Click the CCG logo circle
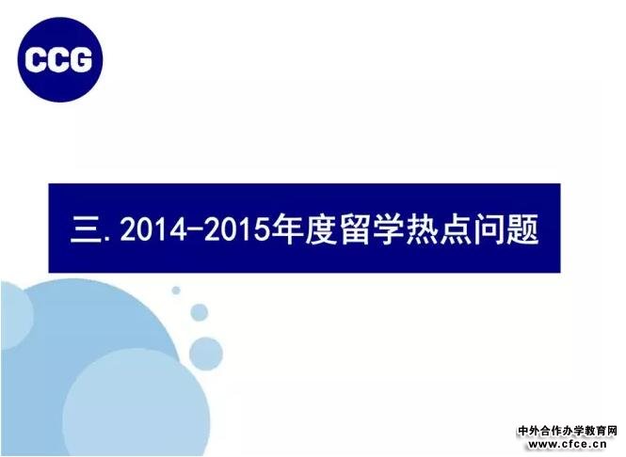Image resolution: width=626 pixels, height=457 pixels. [60, 60]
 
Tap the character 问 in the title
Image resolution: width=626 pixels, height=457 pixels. [490, 228]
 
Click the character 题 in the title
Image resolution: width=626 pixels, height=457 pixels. [522, 228]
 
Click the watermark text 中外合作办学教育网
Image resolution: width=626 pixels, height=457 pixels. [568, 431]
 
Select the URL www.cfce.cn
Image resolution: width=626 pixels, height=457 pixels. [568, 444]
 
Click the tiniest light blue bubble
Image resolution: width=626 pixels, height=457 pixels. [176, 291]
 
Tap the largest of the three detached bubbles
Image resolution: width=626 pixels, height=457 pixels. [205, 354]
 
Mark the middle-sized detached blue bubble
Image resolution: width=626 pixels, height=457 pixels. [200, 312]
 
